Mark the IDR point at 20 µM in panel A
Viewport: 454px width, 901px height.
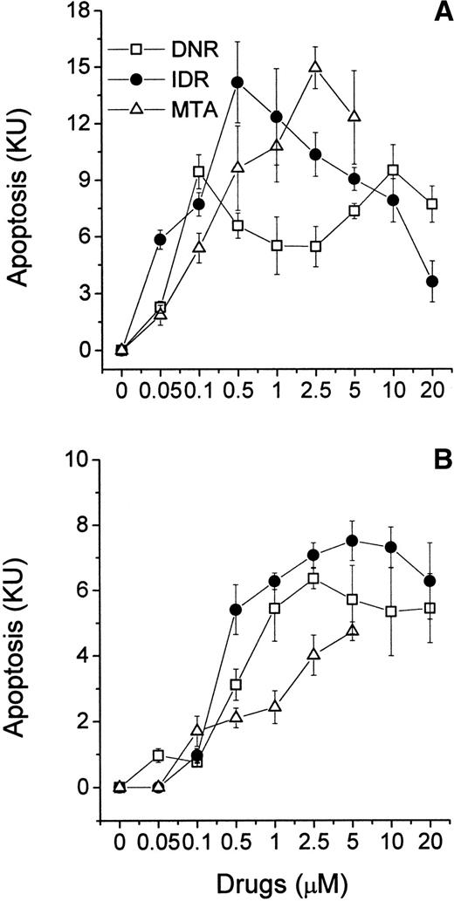pyautogui.click(x=431, y=281)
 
